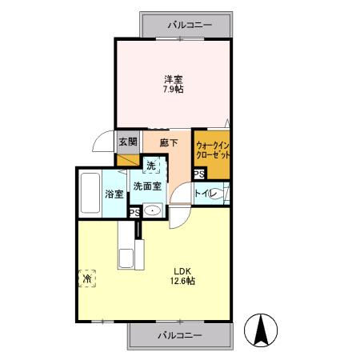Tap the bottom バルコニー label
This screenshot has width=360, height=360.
pos(179,334)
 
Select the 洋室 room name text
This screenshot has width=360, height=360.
pos(174,78)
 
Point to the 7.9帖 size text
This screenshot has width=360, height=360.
pos(174,90)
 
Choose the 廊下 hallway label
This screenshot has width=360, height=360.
pos(167,142)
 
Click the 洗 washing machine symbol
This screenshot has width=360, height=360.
pos(151,166)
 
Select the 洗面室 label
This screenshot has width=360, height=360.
pos(147,186)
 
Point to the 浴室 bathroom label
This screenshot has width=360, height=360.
pos(114,194)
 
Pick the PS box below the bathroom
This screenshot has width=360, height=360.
pos(135,212)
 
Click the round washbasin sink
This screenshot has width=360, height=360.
pos(153,210)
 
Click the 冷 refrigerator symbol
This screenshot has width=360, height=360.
pos(86,278)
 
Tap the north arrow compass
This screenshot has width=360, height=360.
pos(261,329)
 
